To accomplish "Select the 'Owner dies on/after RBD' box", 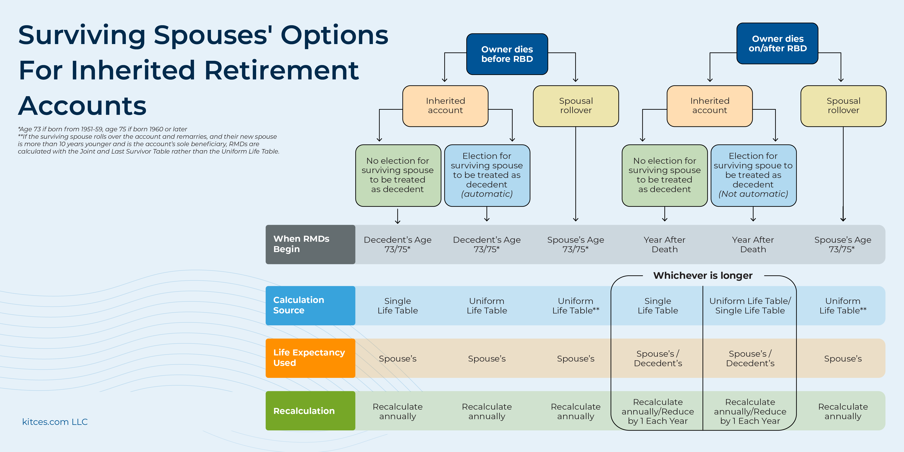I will tap(777, 43).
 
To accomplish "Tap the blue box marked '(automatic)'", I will tap(487, 175).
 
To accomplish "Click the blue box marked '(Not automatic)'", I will tap(753, 175).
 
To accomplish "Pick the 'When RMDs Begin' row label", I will tap(310, 244).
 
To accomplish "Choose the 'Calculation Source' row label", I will tap(310, 305).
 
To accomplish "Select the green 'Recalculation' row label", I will tap(310, 410).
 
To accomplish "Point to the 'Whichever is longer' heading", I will tap(703, 276).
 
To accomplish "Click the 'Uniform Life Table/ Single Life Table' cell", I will tap(750, 306).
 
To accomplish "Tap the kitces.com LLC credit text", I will tap(55, 422).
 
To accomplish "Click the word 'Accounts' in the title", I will tap(82, 106).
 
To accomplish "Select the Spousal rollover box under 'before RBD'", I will tap(576, 106).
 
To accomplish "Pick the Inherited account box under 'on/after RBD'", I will tap(710, 106).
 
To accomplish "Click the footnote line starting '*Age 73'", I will tap(103, 129).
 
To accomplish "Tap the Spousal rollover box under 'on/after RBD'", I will tap(843, 106).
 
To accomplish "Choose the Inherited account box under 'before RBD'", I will tap(445, 106).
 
